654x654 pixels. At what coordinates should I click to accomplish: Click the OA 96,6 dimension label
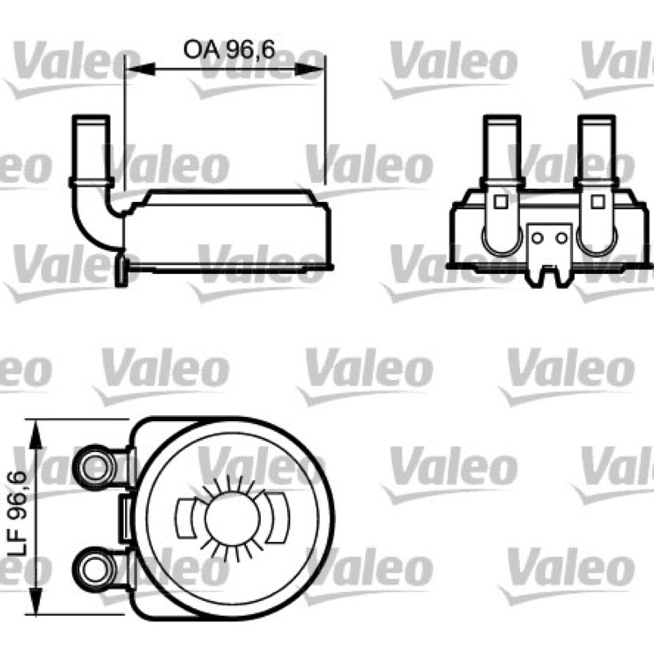coord(229,49)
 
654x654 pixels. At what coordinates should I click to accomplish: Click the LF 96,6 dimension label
coord(18,513)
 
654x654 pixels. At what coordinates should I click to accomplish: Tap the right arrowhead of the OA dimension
coord(310,69)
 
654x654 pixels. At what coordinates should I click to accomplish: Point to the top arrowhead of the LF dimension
coord(37,434)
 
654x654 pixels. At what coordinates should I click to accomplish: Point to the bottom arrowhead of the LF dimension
coord(37,600)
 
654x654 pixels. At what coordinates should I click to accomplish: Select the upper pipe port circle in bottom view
coord(95,467)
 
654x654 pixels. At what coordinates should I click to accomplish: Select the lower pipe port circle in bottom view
coord(95,569)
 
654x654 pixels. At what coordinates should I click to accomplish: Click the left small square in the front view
coord(500,202)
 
